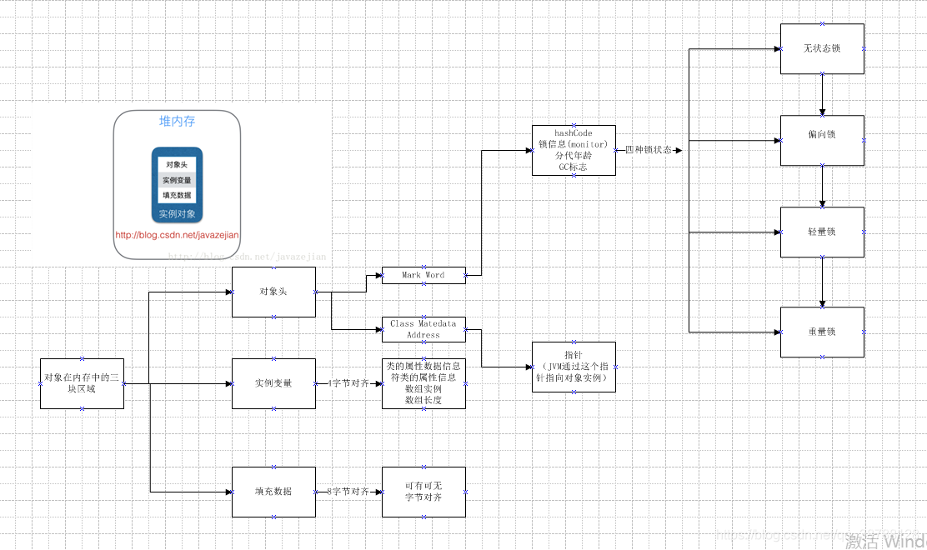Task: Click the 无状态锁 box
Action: [822, 49]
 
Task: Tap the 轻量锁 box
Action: [822, 232]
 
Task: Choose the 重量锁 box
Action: [822, 332]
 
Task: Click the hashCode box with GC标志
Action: [573, 151]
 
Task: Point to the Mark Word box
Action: [423, 275]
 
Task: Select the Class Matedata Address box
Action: [423, 329]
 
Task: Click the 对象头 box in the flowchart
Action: [273, 292]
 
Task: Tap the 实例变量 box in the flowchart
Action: [273, 383]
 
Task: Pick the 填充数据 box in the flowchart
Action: [273, 492]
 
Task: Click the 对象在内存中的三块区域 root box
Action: [82, 383]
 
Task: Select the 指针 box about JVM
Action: [574, 367]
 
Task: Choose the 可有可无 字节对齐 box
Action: [423, 492]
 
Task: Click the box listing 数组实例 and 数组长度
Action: [423, 383]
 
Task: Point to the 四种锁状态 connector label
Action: [649, 150]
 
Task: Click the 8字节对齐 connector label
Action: [348, 492]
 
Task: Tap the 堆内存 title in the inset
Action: [177, 122]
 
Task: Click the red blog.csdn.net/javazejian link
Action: [177, 235]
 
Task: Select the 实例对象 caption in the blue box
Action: [177, 214]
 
